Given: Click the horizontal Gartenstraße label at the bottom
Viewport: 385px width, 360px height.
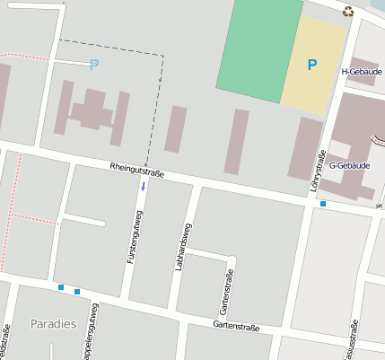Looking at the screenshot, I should click(236, 328).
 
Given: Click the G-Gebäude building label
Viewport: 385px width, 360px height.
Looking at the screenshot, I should click(349, 165).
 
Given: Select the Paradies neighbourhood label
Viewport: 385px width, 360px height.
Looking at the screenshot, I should click(53, 323).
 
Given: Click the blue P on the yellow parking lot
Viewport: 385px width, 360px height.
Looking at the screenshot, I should click(312, 65).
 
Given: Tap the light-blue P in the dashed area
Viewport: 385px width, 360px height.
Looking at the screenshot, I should click(93, 65).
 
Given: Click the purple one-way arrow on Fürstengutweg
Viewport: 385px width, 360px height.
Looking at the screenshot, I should click(141, 186).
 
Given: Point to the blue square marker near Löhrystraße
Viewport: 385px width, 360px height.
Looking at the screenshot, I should click(323, 205).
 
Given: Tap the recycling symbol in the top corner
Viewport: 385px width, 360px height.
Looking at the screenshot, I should click(348, 12).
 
